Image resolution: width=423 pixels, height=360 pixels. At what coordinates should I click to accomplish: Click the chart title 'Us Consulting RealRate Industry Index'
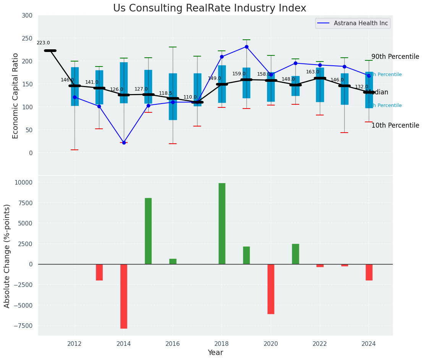point(209,8)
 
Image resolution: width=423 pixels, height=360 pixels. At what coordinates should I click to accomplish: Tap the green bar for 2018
point(222,224)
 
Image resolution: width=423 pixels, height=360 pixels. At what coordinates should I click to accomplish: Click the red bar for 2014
point(124,296)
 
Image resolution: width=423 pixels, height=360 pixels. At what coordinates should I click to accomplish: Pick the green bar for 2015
point(148,231)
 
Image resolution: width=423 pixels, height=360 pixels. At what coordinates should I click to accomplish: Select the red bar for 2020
point(271,289)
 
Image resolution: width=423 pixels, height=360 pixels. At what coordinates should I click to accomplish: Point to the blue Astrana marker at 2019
point(246,47)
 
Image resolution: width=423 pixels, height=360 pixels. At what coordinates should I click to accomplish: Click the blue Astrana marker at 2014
point(124,143)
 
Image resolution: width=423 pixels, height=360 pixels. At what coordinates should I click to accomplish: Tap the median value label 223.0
point(43,43)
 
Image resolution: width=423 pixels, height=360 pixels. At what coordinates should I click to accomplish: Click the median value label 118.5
point(165,93)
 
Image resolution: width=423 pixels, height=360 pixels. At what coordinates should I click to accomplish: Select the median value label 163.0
point(313,72)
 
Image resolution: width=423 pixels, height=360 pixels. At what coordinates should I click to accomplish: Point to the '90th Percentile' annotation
point(395,57)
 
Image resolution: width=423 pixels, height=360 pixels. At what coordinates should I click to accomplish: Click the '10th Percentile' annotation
point(395,125)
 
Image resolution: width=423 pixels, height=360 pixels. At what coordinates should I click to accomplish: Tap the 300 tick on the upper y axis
point(28,16)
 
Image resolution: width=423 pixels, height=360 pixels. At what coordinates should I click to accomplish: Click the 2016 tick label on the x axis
point(173,344)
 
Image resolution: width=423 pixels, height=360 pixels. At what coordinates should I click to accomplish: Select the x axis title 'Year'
point(216,353)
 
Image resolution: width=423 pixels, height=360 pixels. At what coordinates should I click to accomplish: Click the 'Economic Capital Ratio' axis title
point(16,96)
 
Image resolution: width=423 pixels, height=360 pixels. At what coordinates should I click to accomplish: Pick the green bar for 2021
point(295,254)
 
